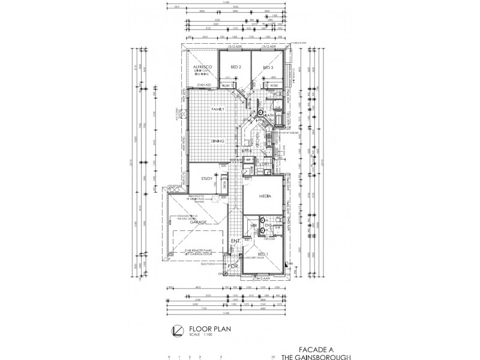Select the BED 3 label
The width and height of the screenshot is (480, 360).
(x=268, y=67)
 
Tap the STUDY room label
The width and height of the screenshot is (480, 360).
(x=206, y=178)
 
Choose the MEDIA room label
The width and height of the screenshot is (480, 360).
(x=265, y=196)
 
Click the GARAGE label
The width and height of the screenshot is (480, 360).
(x=199, y=222)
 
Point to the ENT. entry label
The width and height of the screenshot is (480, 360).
(x=236, y=241)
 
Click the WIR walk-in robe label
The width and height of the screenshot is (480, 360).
(x=253, y=226)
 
